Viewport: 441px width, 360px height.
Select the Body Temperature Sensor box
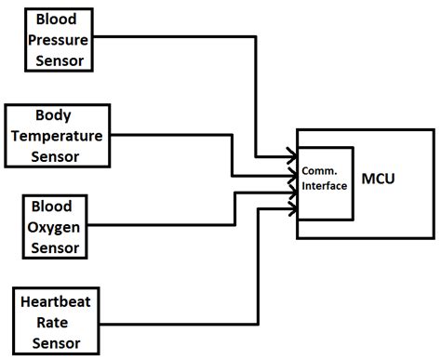pos(54,135)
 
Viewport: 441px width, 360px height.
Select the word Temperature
pos(54,135)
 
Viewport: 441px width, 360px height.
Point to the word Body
pos(54,117)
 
